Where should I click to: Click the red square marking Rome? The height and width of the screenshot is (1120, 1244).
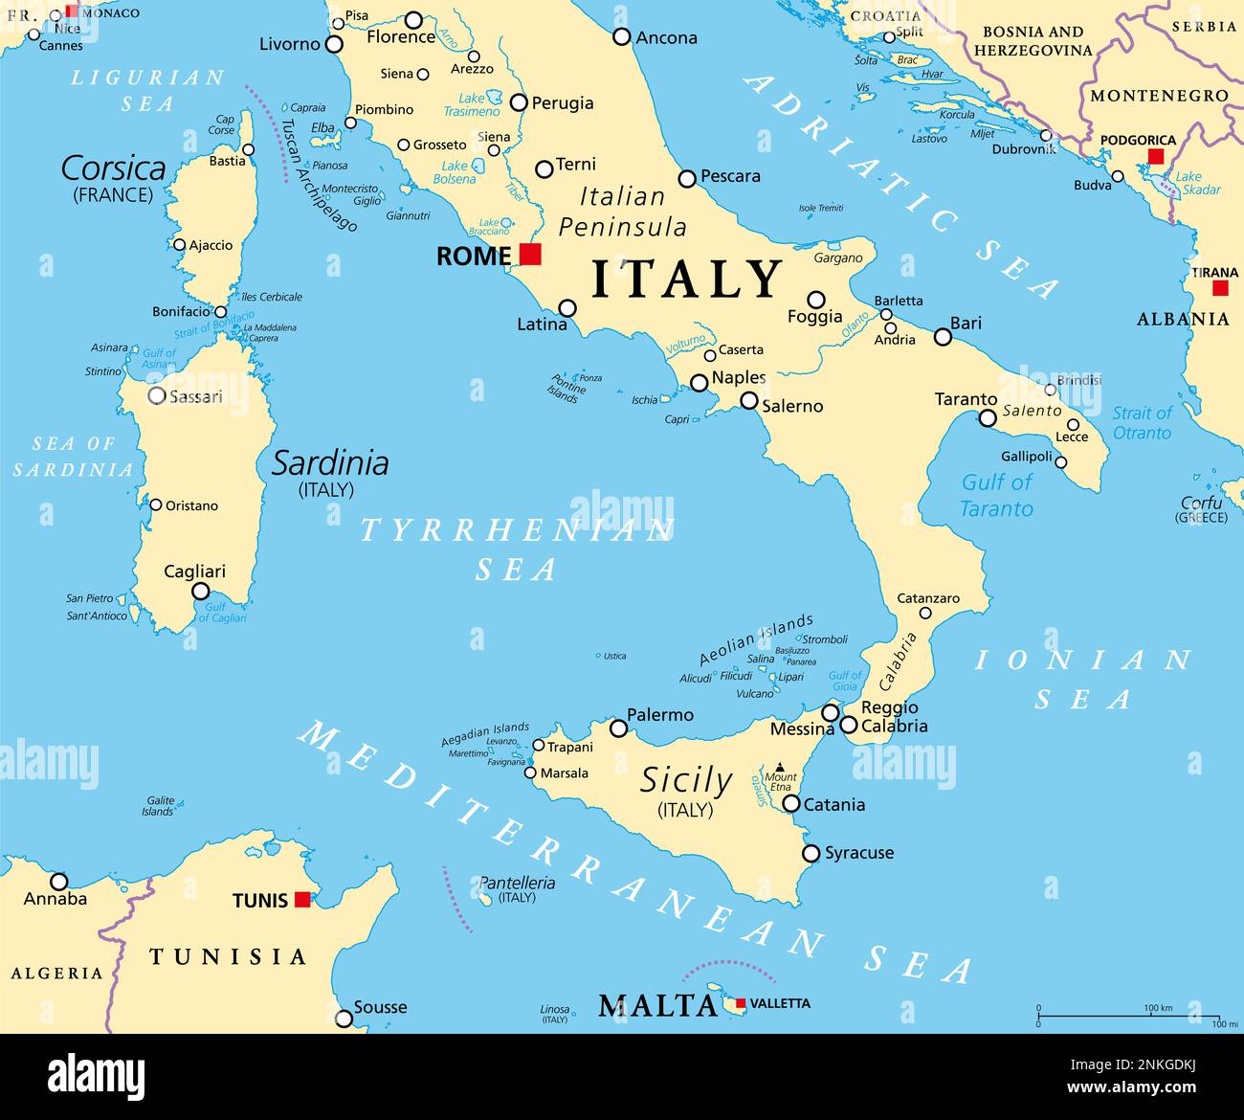pyautogui.click(x=530, y=254)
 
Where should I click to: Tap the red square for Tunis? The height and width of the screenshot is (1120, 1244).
pyautogui.click(x=302, y=899)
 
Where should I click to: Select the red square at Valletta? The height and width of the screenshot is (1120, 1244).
pyautogui.click(x=740, y=1003)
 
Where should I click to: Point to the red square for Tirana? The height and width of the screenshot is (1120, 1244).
pyautogui.click(x=1220, y=288)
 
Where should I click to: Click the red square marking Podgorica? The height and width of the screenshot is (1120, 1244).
pyautogui.click(x=1156, y=156)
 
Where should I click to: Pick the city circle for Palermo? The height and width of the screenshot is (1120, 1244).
pyautogui.click(x=618, y=728)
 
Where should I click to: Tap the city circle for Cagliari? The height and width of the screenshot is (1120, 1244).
pyautogui.click(x=200, y=592)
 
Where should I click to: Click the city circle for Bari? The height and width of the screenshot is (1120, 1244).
pyautogui.click(x=943, y=337)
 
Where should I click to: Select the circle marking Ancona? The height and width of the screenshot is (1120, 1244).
pyautogui.click(x=621, y=37)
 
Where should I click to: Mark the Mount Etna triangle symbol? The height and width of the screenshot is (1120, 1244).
pyautogui.click(x=780, y=767)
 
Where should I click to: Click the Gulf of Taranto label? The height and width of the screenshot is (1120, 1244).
pyautogui.click(x=996, y=495)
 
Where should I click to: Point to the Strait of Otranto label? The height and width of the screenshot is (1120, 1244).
pyautogui.click(x=1141, y=422)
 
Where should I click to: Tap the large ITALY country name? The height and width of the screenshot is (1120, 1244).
pyautogui.click(x=687, y=280)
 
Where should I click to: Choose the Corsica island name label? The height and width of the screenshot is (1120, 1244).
pyautogui.click(x=113, y=168)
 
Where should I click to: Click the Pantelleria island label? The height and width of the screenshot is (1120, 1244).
pyautogui.click(x=517, y=883)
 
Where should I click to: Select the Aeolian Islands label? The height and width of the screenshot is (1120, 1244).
pyautogui.click(x=755, y=639)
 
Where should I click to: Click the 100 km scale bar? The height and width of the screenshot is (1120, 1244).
pyautogui.click(x=1128, y=1016)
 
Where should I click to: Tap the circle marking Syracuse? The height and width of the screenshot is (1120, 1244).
pyautogui.click(x=811, y=853)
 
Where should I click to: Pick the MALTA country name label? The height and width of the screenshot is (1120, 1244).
pyautogui.click(x=657, y=1005)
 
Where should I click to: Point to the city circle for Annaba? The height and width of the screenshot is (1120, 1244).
pyautogui.click(x=59, y=882)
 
